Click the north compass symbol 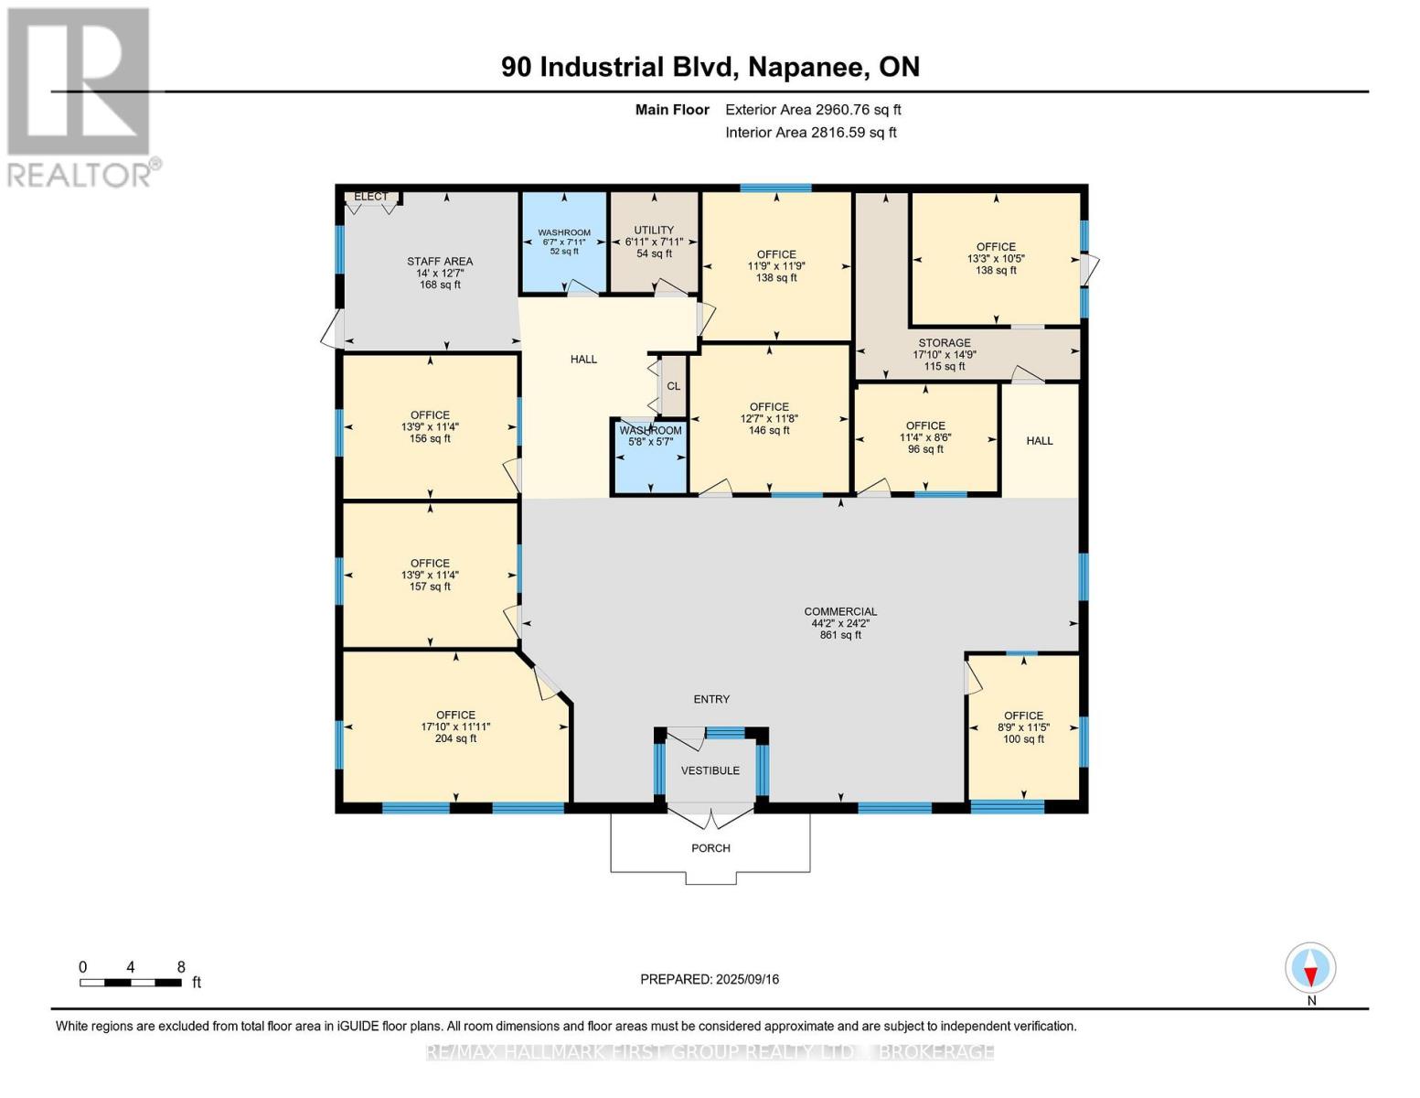pyautogui.click(x=1310, y=968)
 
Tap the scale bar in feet pyautogui.click(x=130, y=982)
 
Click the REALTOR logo pyautogui.click(x=80, y=97)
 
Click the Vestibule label pyautogui.click(x=710, y=770)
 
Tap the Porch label pyautogui.click(x=710, y=848)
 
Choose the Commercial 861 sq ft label pyautogui.click(x=840, y=623)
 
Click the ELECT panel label pyautogui.click(x=370, y=197)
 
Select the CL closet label pyautogui.click(x=674, y=386)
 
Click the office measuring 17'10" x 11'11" pyautogui.click(x=455, y=727)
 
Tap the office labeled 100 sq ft pyautogui.click(x=1023, y=727)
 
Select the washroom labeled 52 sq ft pyautogui.click(x=564, y=242)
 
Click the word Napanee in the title pyautogui.click(x=807, y=67)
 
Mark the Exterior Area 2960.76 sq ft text pyautogui.click(x=813, y=110)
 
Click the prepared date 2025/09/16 pyautogui.click(x=710, y=979)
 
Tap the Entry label pyautogui.click(x=711, y=699)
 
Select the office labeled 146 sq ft pyautogui.click(x=769, y=418)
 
